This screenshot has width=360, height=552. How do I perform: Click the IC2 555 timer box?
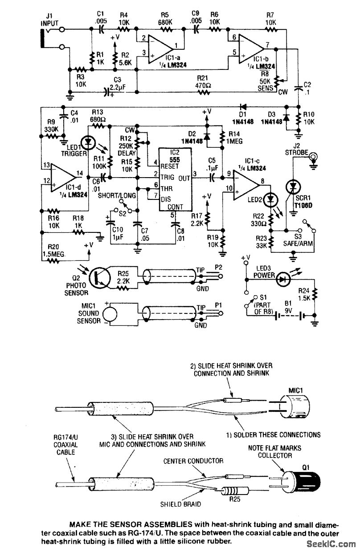coord(171,180)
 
